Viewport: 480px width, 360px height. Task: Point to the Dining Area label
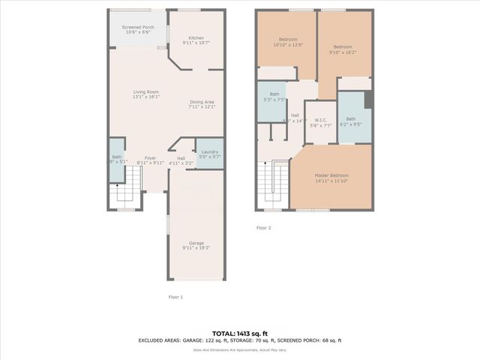coord(202,103)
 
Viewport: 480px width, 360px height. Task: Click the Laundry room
coord(209,154)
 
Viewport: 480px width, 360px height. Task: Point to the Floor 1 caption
coord(175,297)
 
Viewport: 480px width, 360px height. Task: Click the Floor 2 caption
coord(263,227)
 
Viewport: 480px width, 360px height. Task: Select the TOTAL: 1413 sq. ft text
coord(239,333)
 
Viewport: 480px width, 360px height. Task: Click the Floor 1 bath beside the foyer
coord(116,159)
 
